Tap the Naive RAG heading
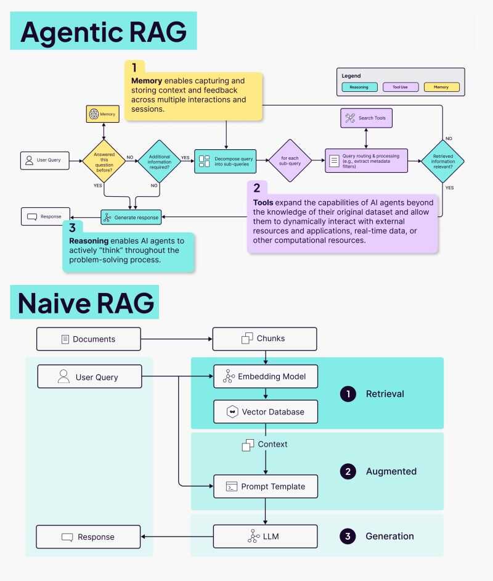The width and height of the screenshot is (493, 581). coord(86,303)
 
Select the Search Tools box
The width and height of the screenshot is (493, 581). coord(367,118)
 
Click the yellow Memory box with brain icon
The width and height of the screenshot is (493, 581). coord(102,114)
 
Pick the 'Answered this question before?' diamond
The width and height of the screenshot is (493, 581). coord(104,160)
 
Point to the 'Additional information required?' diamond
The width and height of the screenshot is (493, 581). coord(159,160)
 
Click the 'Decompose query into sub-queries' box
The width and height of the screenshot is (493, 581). coord(225,160)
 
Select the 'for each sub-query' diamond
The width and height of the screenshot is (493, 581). coord(290,160)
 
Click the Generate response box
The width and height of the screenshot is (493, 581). coord(131,217)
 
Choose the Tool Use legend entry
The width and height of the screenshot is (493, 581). coord(400,87)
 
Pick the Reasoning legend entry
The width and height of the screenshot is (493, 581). coord(359,87)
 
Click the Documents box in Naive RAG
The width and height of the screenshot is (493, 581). coord(88,339)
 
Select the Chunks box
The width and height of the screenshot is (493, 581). coord(264,339)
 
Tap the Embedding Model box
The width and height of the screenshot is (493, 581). coord(266,376)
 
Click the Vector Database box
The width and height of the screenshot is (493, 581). coord(266,411)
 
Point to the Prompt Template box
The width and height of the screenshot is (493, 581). coord(266,487)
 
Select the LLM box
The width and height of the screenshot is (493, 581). coord(266,536)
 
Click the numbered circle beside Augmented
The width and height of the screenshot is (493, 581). coord(348,471)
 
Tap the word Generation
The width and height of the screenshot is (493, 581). coord(389,536)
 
